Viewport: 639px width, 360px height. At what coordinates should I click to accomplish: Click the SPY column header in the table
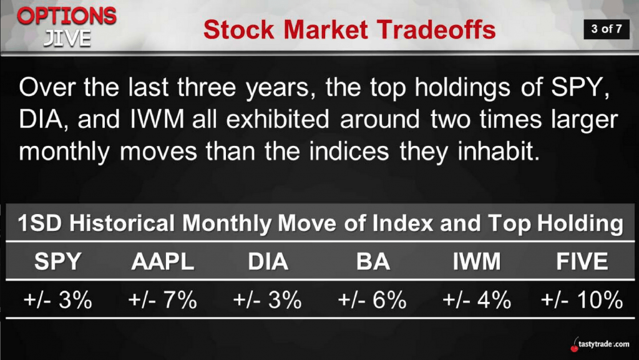coord(58,261)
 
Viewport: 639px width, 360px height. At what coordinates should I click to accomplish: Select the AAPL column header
coord(163,261)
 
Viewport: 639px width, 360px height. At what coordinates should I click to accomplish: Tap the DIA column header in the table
coord(268,261)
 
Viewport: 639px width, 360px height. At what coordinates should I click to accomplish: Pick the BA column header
coord(373,261)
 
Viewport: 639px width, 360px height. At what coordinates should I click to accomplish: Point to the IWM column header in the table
coord(477,261)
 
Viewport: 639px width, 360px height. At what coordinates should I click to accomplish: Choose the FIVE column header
coord(582,261)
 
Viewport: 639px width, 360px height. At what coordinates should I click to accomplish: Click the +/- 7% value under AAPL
coord(163,300)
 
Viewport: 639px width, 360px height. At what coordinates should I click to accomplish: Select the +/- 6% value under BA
coord(372,300)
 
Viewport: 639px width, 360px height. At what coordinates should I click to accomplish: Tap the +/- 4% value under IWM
coord(477,300)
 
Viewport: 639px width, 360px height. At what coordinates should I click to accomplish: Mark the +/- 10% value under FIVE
coord(582,300)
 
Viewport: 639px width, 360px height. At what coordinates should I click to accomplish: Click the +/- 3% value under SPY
coord(58,300)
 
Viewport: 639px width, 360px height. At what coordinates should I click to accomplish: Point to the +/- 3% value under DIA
coord(267,300)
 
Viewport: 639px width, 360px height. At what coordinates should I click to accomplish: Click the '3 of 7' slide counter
coord(607,29)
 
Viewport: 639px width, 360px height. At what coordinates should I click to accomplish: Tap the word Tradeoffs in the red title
coord(436,29)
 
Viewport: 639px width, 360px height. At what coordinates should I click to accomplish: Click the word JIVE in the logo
coord(67,38)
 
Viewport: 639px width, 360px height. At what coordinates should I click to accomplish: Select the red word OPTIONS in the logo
coord(67,16)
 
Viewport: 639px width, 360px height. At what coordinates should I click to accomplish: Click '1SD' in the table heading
coord(41,223)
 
